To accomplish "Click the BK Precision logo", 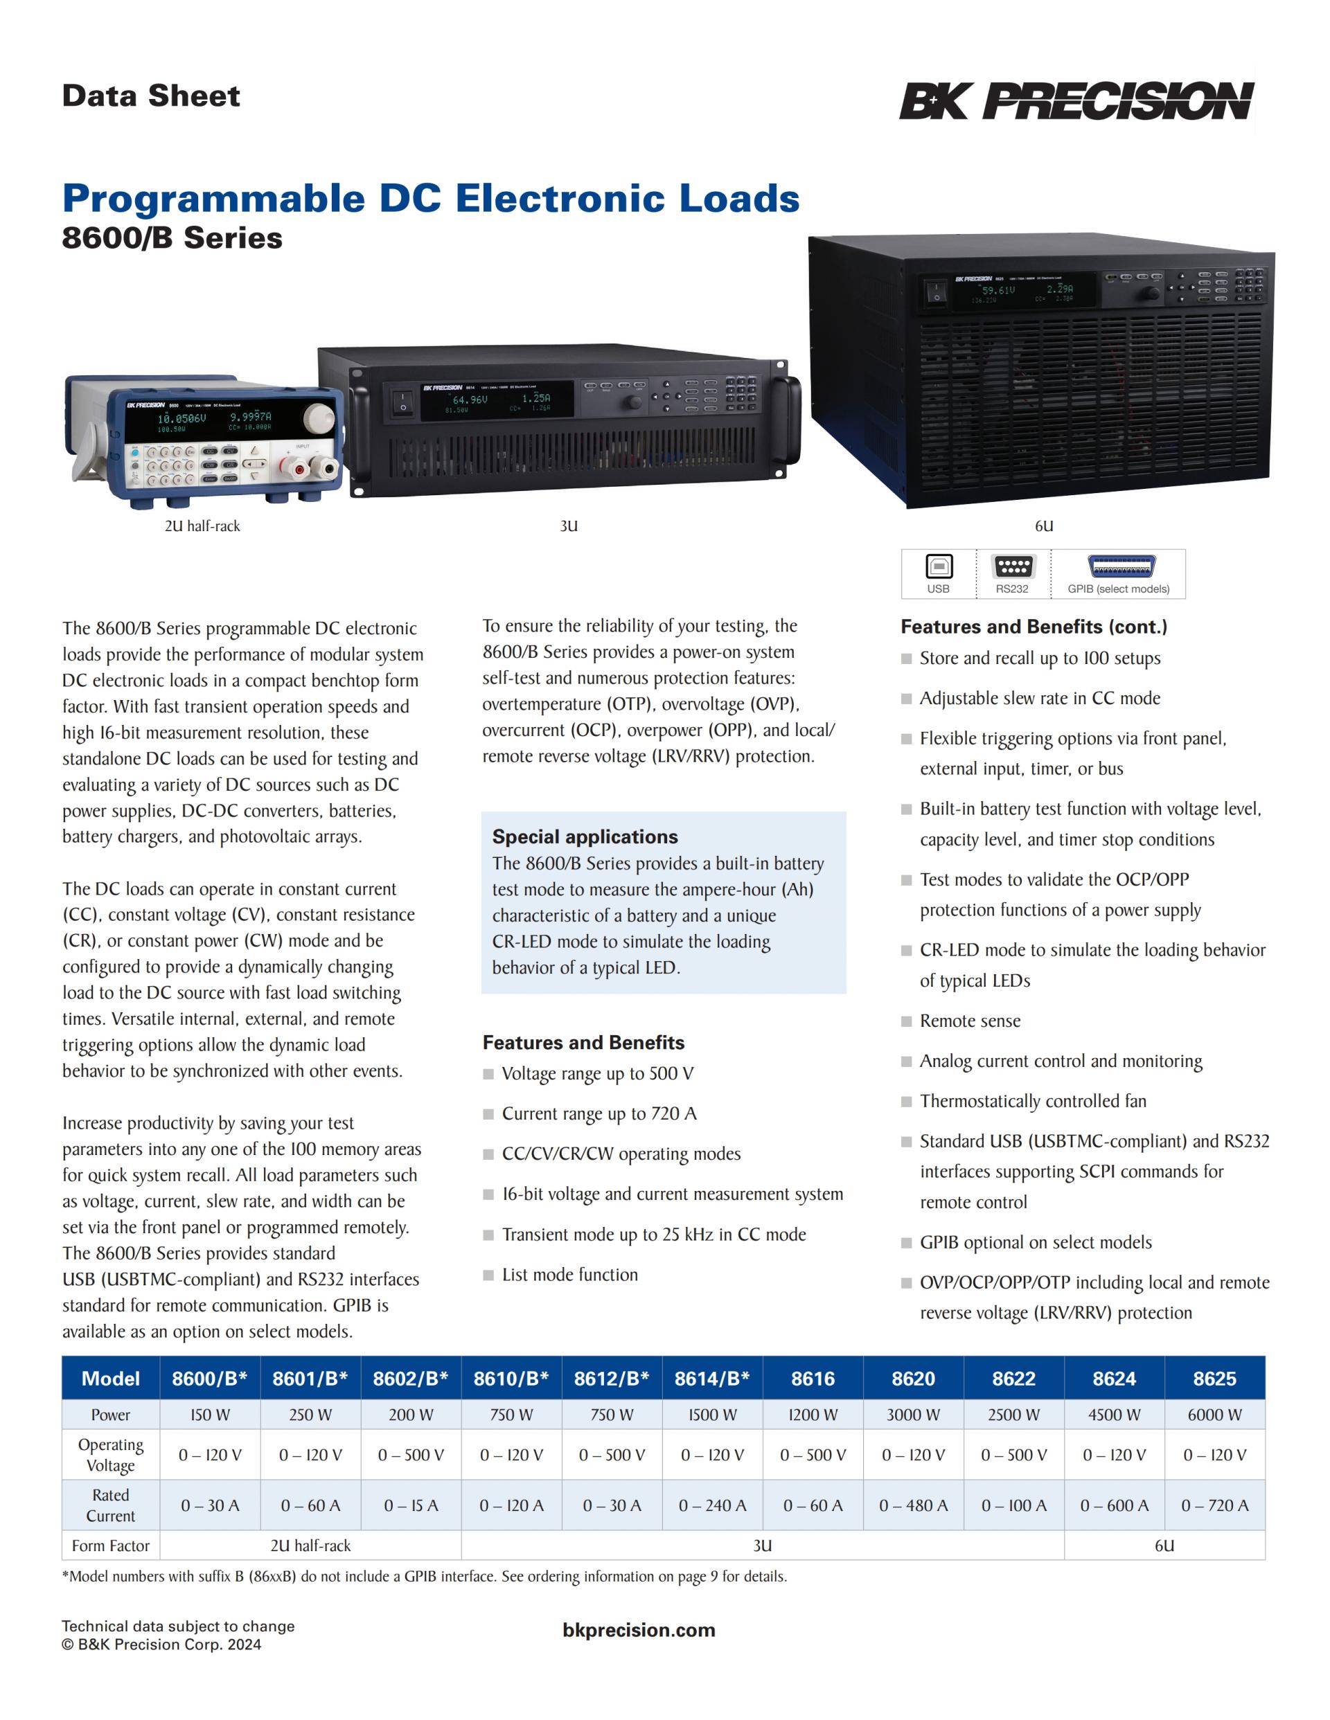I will [x=1076, y=101].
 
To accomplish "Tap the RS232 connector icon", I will [x=1013, y=566].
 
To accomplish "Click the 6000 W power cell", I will [x=1214, y=1415].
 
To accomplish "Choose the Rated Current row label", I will [x=110, y=1505].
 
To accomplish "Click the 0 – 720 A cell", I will [x=1214, y=1506].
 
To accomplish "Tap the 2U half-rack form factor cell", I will [x=310, y=1546].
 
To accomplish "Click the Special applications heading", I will [x=585, y=836].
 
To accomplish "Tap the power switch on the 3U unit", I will [x=402, y=402].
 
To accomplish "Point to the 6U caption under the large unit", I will [x=1044, y=526].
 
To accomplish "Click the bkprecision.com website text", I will [x=639, y=1630].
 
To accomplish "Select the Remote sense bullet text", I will [x=970, y=1021].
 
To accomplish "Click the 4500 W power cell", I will [x=1114, y=1415].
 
